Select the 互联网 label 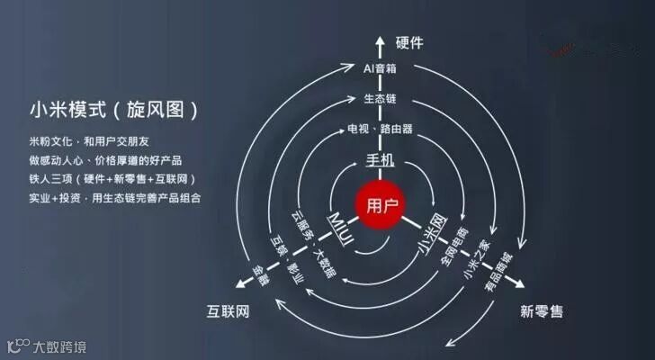click(x=227, y=311)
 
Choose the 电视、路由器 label click(x=380, y=129)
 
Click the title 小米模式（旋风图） click(x=112, y=112)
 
